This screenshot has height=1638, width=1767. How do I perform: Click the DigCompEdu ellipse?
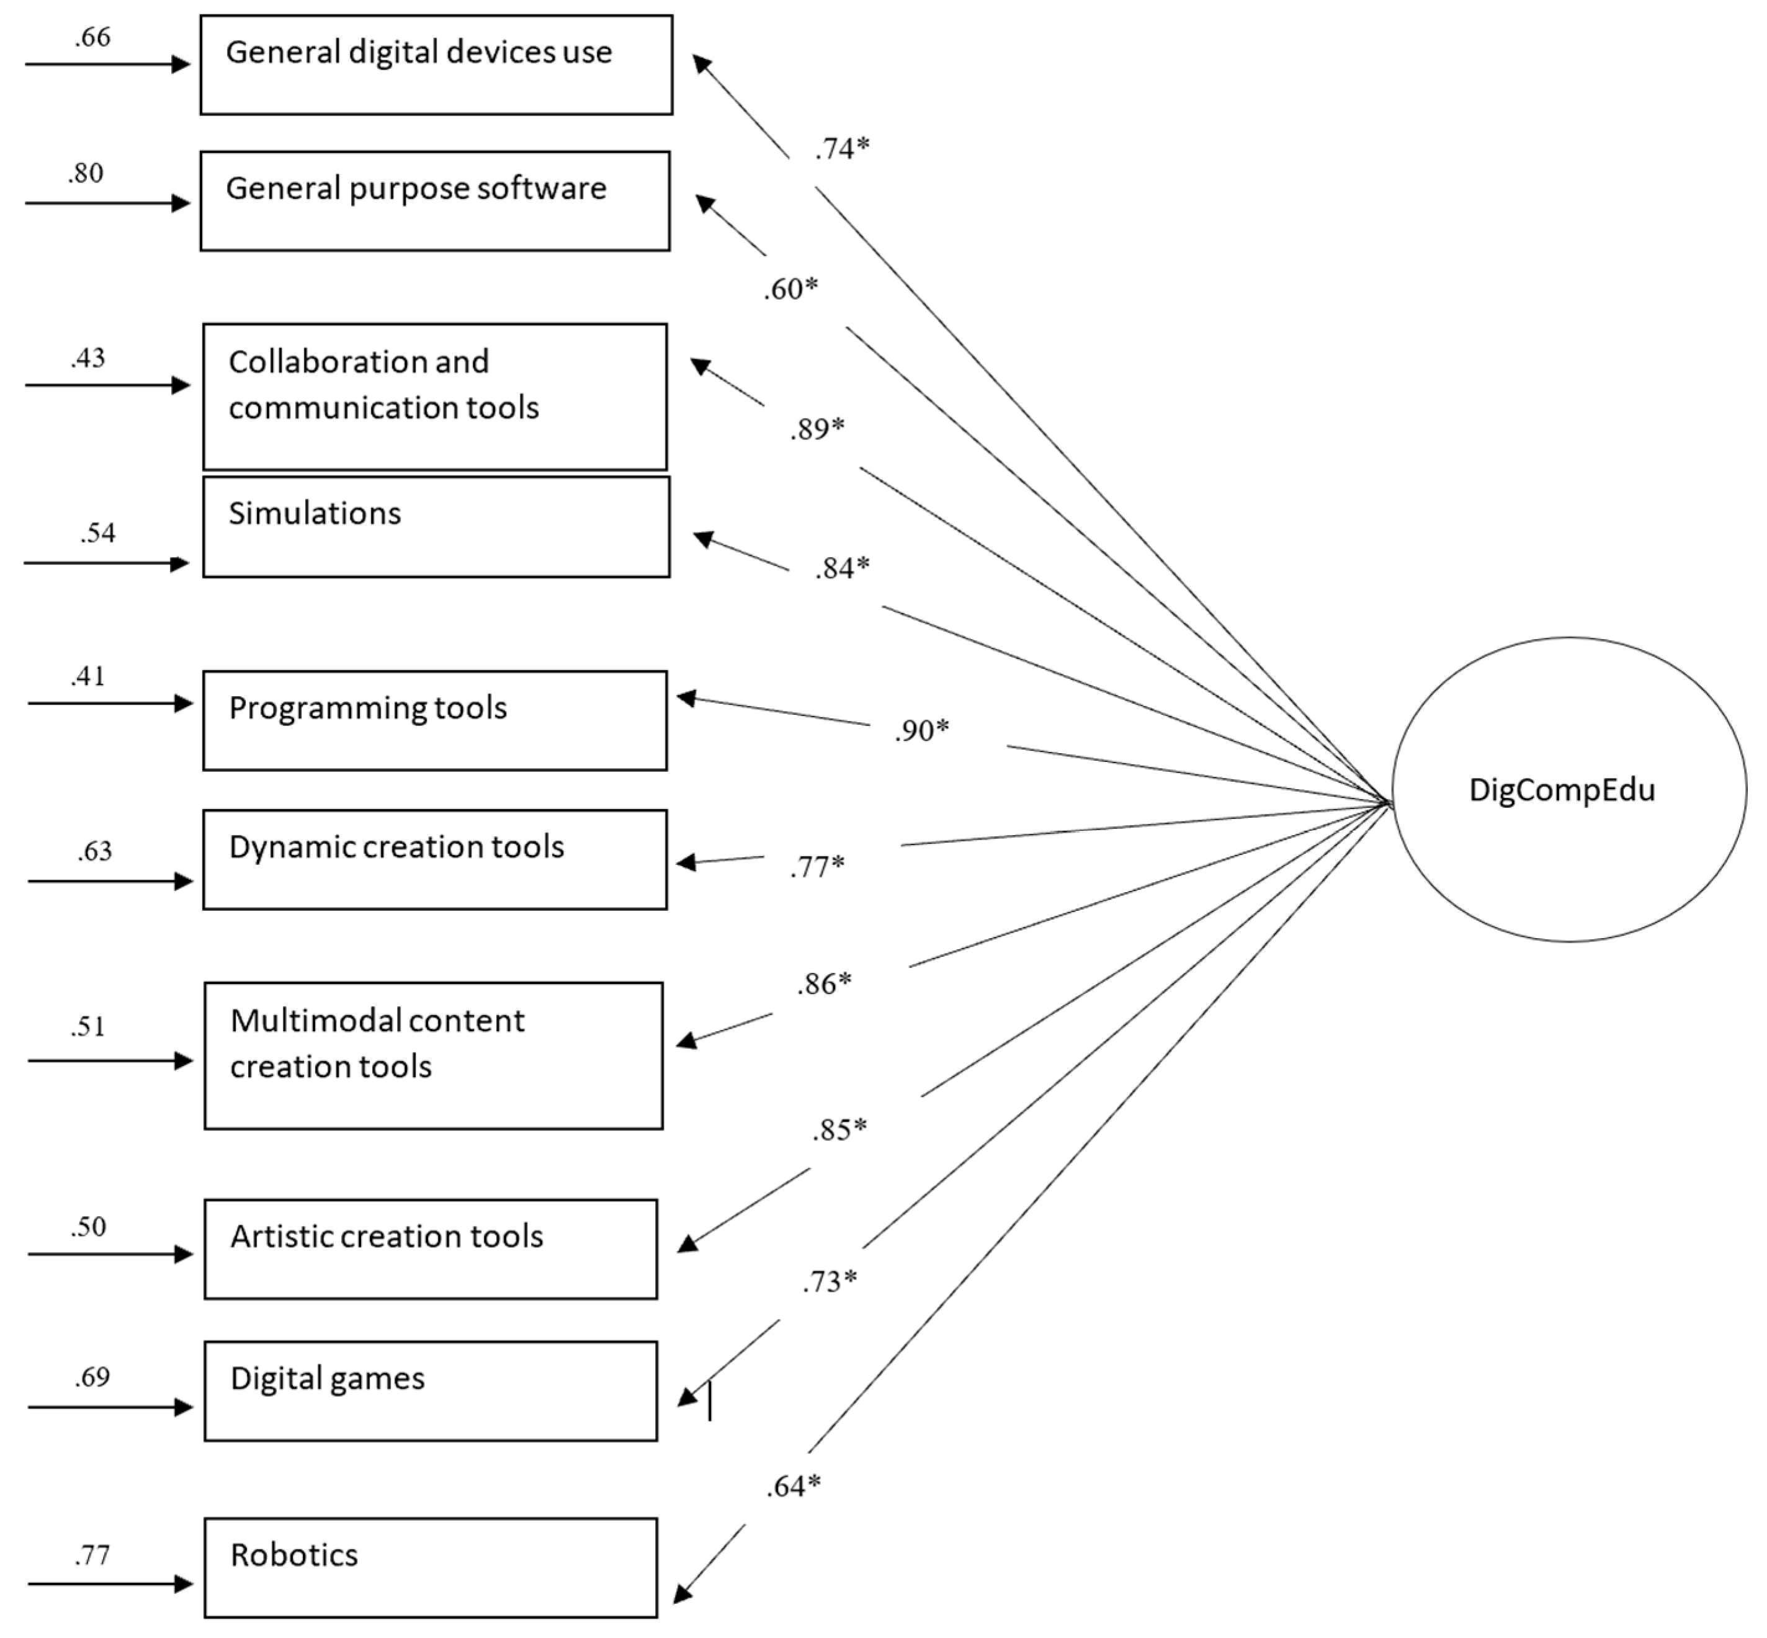[1568, 789]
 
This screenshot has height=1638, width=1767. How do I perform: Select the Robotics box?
[431, 1568]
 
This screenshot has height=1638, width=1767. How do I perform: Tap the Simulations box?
[436, 527]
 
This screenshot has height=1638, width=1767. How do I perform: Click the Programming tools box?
[434, 720]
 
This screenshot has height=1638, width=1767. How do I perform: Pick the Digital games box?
[431, 1390]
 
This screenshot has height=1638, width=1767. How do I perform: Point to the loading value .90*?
[921, 730]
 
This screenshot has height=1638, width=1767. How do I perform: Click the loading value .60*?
[790, 289]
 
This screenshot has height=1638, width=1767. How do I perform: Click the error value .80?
[86, 174]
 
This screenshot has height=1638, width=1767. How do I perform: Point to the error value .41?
[89, 676]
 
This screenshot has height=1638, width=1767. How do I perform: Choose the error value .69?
[92, 1377]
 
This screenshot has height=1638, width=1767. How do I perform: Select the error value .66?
[93, 37]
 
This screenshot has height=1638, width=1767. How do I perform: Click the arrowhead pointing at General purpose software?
[705, 204]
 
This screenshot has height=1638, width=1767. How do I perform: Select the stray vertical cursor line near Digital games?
[710, 1403]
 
